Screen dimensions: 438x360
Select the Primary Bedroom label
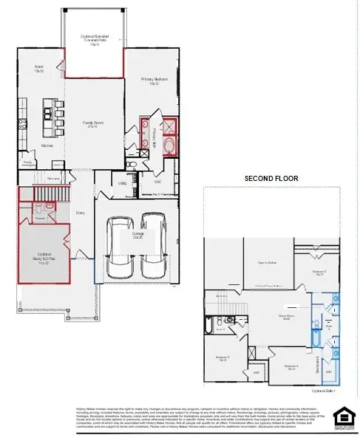[154, 81]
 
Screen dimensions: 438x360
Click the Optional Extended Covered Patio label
[94, 41]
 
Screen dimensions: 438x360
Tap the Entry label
[81, 213]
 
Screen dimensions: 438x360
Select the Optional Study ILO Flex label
[44, 256]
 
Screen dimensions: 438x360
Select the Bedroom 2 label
[318, 273]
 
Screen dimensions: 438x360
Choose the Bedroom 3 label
[223, 359]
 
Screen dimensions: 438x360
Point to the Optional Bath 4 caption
[324, 389]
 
